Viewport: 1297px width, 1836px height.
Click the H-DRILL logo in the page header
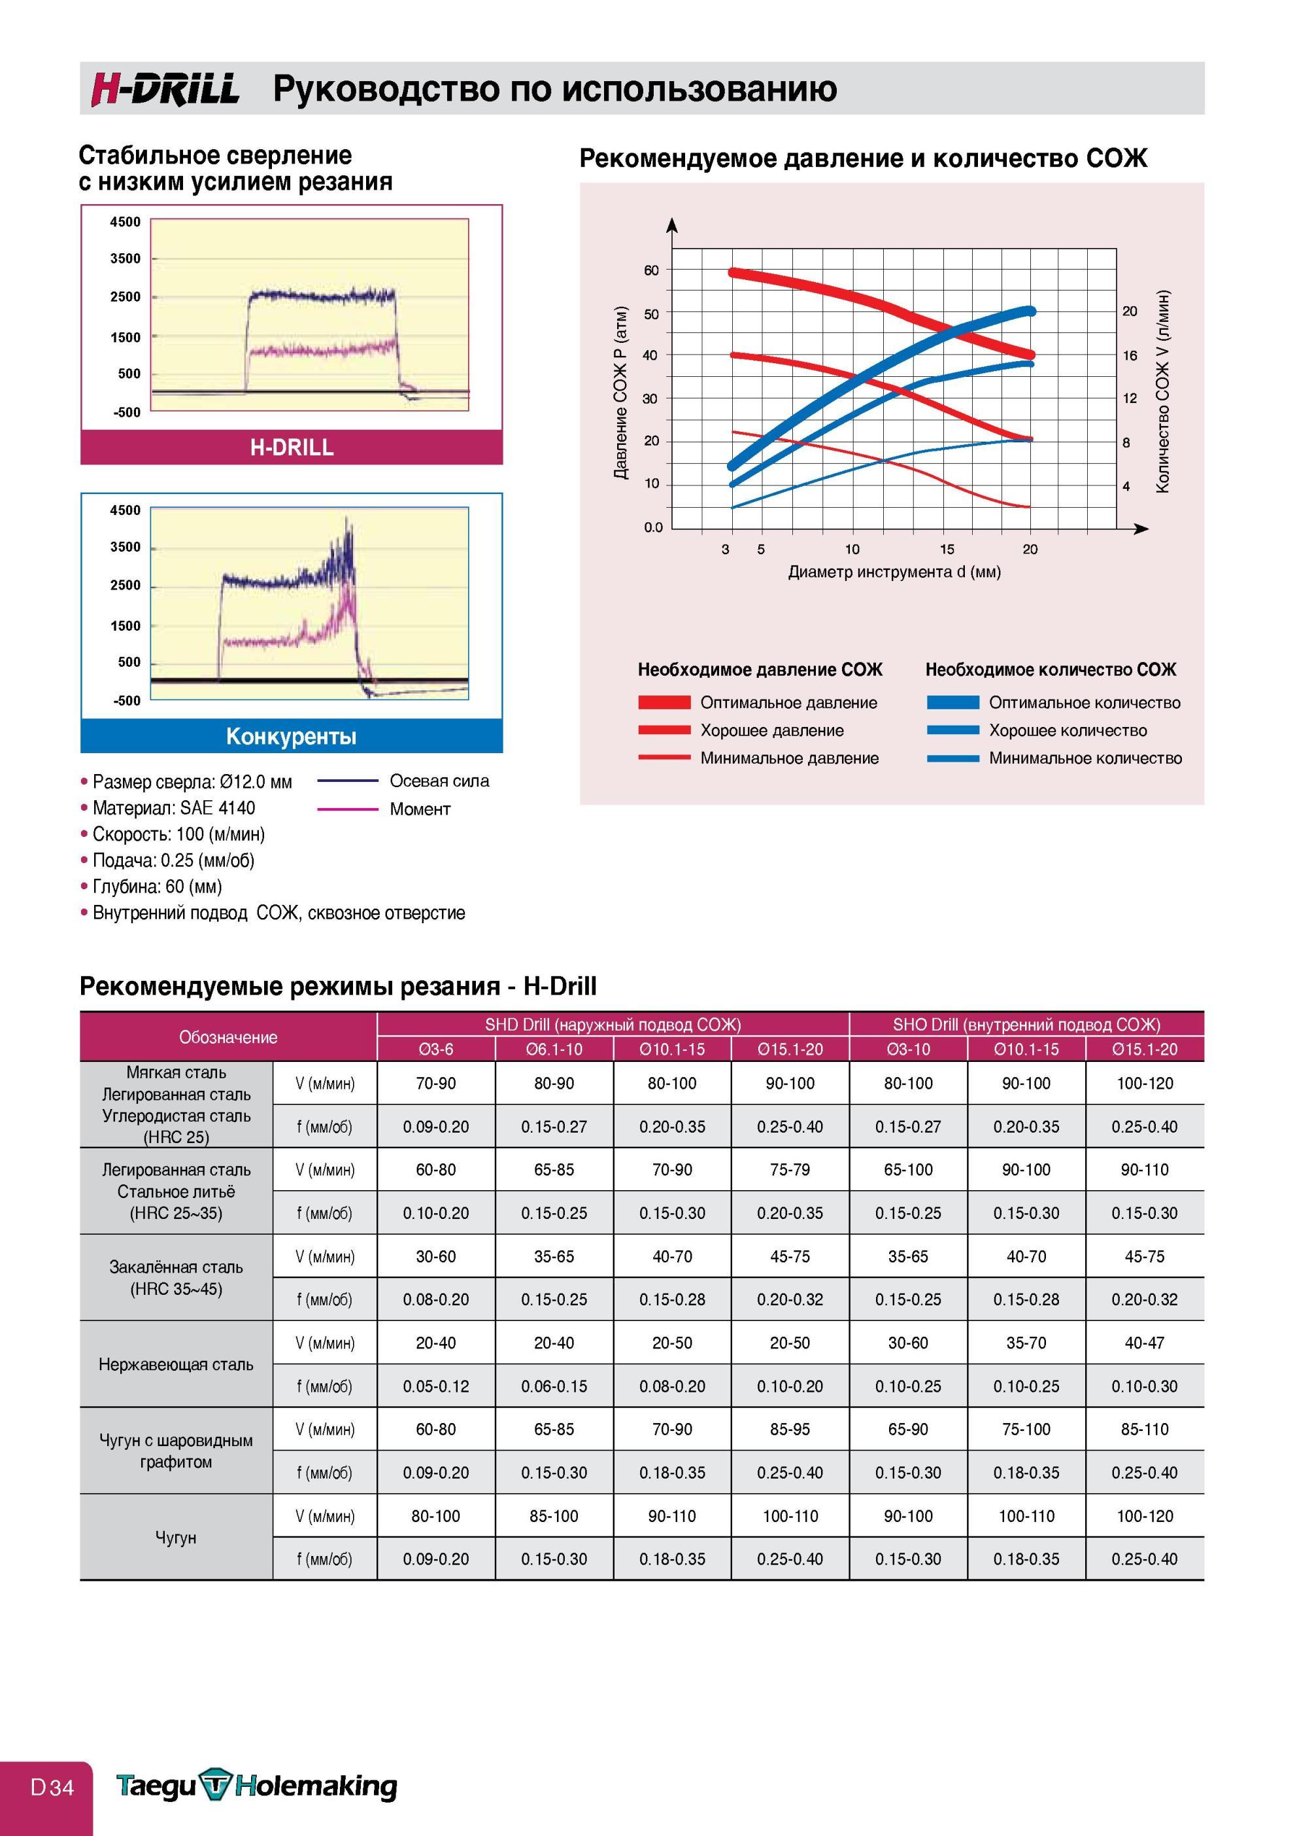[x=165, y=89]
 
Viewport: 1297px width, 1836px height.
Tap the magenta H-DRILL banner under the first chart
[x=292, y=447]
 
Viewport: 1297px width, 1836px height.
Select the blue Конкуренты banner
[x=292, y=735]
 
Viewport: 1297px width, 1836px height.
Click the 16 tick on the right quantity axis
[x=1129, y=356]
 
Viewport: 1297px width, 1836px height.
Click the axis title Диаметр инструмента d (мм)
[x=894, y=572]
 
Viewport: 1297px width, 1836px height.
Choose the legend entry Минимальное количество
[x=1085, y=758]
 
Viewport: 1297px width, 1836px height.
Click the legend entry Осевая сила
[x=439, y=781]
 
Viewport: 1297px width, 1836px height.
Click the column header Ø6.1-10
[x=554, y=1048]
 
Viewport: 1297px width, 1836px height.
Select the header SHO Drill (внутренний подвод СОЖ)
[x=1026, y=1025]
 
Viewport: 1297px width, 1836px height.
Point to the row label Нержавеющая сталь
[x=176, y=1364]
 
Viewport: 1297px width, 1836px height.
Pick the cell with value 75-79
[x=790, y=1170]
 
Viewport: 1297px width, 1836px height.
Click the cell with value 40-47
[x=1145, y=1343]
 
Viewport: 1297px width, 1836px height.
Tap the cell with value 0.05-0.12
[x=435, y=1386]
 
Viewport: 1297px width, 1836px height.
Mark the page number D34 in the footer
[x=52, y=1787]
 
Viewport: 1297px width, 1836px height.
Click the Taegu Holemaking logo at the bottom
[x=256, y=1786]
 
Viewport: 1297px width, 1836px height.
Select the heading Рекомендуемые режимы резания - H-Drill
[x=338, y=986]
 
